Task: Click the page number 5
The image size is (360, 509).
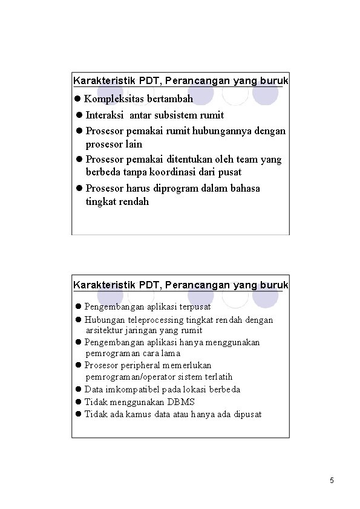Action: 332,481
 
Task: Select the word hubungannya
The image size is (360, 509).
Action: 227,131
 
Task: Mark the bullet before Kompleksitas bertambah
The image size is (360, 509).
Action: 77,99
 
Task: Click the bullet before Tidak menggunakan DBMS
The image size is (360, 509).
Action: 78,402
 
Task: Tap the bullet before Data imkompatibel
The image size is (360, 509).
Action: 78,389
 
